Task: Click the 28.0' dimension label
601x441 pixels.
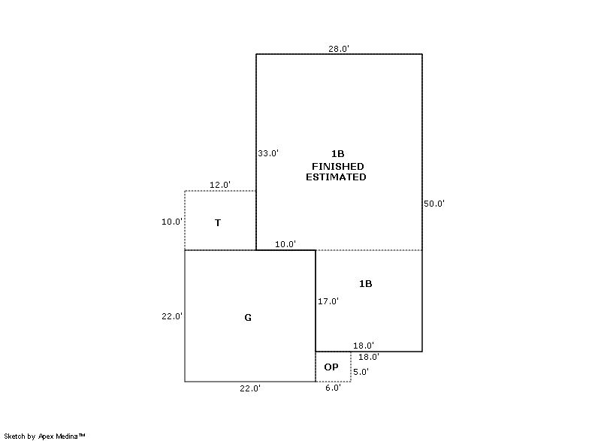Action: [339, 49]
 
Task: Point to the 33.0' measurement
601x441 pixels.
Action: [268, 153]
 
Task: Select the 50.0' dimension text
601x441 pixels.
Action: [434, 204]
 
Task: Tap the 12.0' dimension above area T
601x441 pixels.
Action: [220, 185]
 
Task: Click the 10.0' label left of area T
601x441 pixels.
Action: [172, 222]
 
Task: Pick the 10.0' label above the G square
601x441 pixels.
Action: [285, 244]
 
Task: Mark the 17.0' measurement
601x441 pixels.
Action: [328, 301]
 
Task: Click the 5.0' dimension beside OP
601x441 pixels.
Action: [361, 372]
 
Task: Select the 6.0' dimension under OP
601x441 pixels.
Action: [333, 388]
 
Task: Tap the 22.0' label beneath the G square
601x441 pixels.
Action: [250, 388]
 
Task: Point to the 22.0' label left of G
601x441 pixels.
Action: [172, 316]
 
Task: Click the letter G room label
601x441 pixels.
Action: [248, 318]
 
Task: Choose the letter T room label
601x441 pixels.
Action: [218, 222]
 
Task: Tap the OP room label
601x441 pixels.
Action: [331, 367]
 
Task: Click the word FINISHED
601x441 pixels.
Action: [337, 166]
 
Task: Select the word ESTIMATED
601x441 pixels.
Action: [336, 177]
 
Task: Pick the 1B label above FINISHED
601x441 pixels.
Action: [337, 154]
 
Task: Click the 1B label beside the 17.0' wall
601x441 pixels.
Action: [366, 283]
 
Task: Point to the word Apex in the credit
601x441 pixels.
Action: [47, 436]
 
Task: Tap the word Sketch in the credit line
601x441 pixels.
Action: [15, 436]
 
